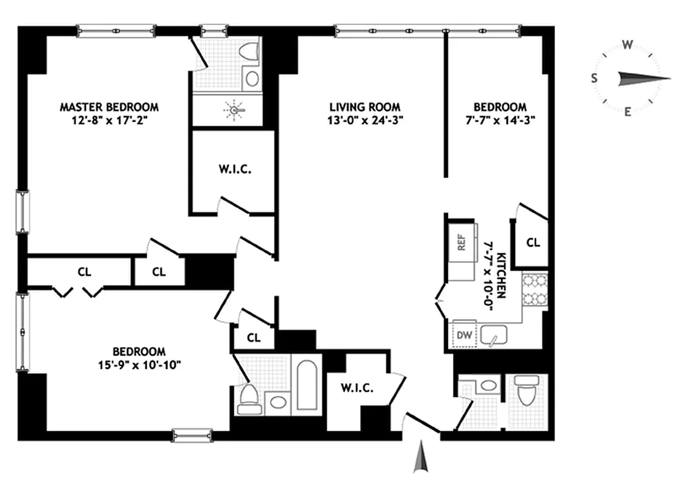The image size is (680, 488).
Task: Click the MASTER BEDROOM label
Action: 109,107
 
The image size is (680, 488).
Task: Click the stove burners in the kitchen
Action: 534,292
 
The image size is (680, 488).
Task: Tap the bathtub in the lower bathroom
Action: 306,385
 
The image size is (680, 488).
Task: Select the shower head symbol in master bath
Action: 235,110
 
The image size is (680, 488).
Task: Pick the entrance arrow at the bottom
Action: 421,459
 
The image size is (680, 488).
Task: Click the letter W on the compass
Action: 627,44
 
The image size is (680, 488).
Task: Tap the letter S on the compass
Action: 593,77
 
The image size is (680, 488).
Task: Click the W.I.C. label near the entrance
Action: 357,387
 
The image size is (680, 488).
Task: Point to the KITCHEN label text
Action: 500,274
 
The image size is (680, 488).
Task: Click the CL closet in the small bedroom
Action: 533,242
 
